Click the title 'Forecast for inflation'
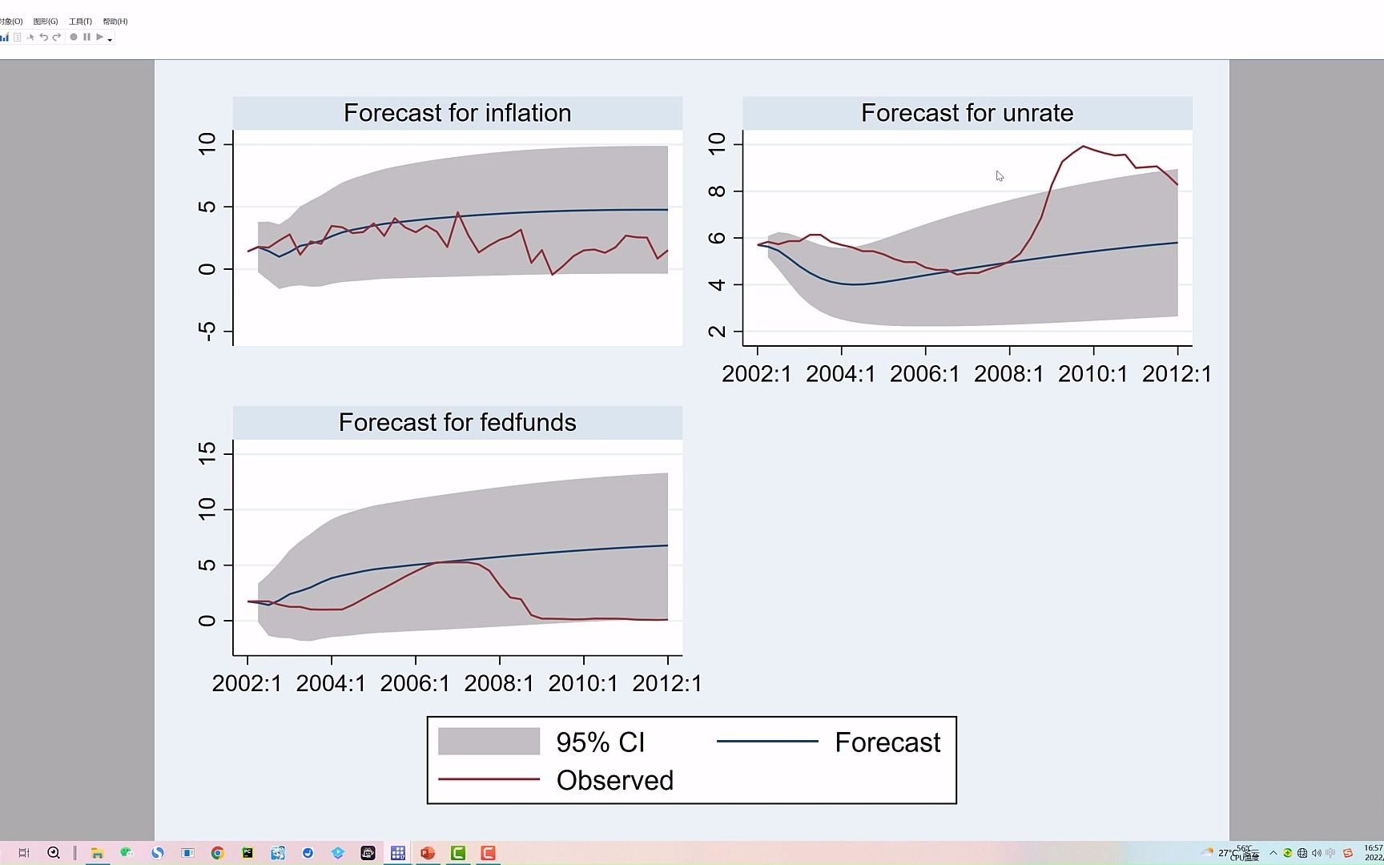coord(457,113)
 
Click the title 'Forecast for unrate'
coord(967,113)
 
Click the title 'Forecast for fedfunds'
coord(457,422)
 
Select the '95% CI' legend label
coord(600,742)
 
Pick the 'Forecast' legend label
coord(887,742)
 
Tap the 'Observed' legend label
coord(614,780)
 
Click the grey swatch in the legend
coord(489,742)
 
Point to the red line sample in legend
coord(489,779)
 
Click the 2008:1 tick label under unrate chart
coord(1008,374)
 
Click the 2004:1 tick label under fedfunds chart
coord(331,683)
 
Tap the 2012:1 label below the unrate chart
coord(1177,374)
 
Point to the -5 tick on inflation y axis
coord(207,331)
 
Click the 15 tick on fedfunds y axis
coord(207,453)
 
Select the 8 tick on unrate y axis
coord(717,191)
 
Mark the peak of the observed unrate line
coord(1083,147)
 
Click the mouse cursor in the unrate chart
coord(1000,176)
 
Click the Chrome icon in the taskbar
coord(217,853)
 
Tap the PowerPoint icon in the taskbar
coord(428,853)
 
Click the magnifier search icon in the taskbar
coord(54,853)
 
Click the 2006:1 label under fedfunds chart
coord(415,683)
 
